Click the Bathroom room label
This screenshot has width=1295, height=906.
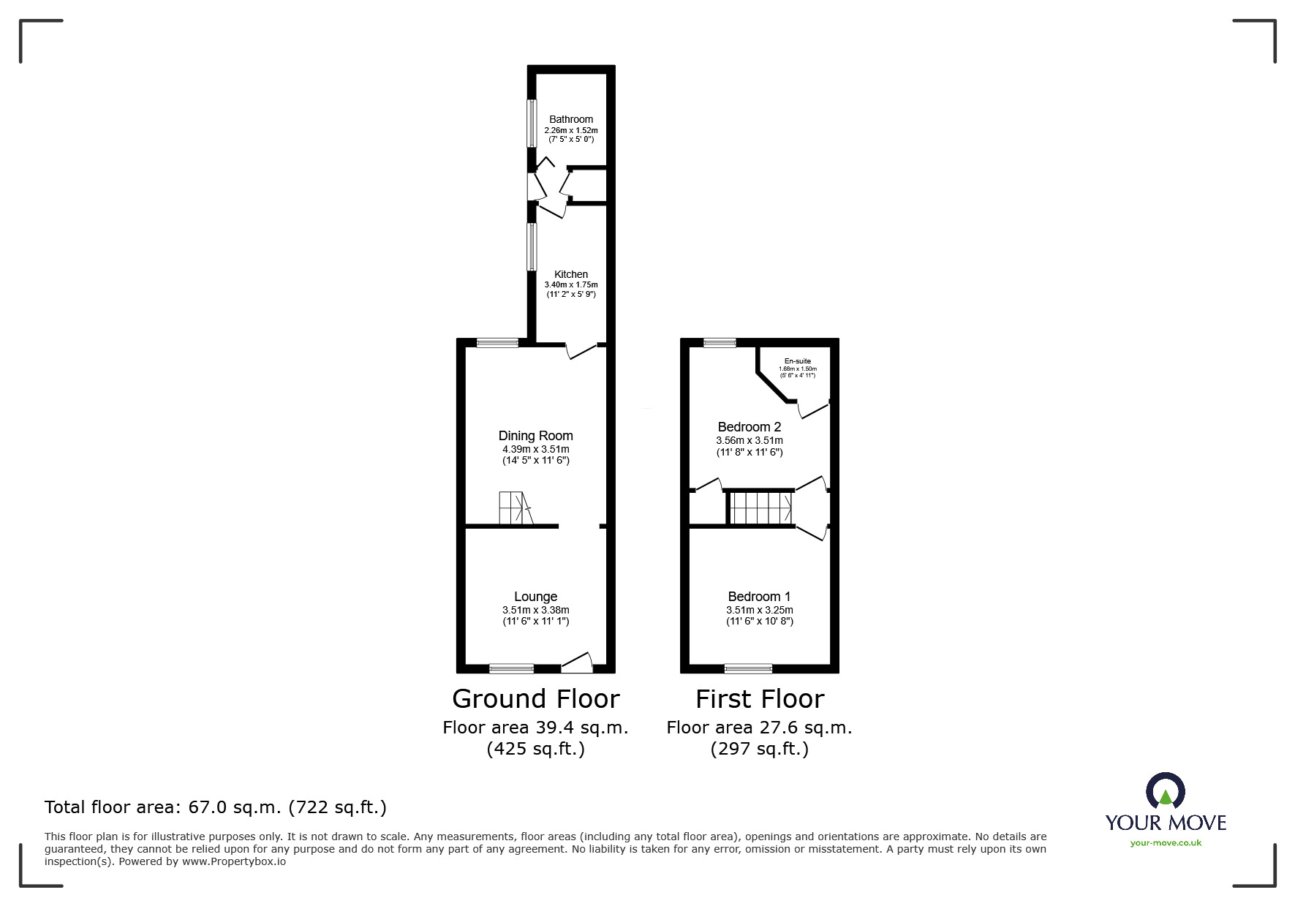[570, 119]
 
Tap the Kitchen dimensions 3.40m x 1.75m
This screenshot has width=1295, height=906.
[570, 284]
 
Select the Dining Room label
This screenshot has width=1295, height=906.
[535, 436]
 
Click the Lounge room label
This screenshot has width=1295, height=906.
[535, 597]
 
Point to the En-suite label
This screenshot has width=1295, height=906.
[797, 361]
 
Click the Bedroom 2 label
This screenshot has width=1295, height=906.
[749, 427]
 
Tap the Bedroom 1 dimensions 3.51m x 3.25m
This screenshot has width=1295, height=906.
[759, 610]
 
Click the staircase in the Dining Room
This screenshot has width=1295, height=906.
[515, 508]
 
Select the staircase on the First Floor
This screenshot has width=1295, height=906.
[761, 507]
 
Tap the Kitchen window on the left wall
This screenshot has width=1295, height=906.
[532, 247]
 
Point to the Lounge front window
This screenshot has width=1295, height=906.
[511, 668]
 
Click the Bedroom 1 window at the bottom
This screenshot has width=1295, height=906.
[747, 668]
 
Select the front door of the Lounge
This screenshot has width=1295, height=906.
[578, 663]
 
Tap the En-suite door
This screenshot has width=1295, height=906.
[813, 409]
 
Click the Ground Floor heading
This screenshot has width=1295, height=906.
[535, 699]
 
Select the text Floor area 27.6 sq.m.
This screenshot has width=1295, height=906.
[759, 728]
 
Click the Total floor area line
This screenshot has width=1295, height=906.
[215, 807]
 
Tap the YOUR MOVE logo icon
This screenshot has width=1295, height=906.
[1165, 793]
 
